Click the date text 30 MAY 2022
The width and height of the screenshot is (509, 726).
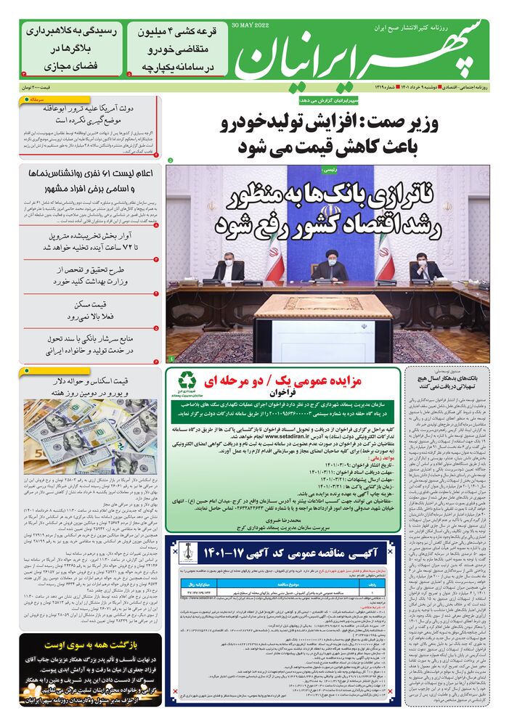click(x=251, y=25)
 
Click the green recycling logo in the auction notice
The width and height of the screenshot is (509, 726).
click(x=188, y=380)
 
